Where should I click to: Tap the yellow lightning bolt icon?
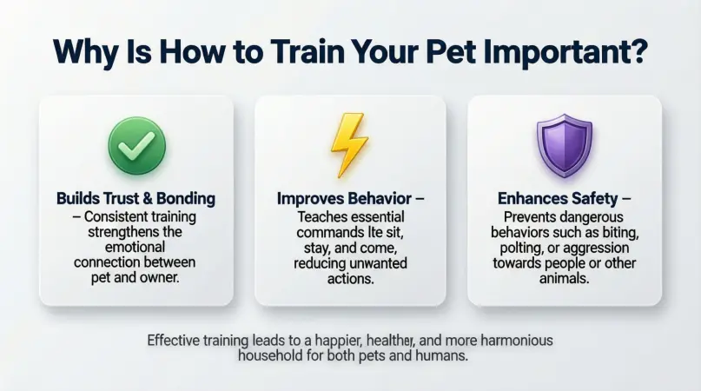[350, 146]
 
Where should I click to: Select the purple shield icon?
[565, 146]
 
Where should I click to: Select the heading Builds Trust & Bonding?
[136, 199]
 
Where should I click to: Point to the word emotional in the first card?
[136, 247]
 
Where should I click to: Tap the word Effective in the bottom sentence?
[175, 341]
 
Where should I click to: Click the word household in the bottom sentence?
[273, 357]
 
